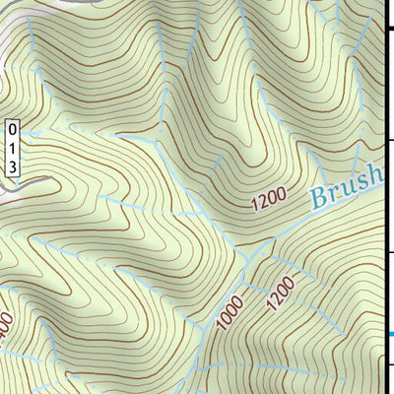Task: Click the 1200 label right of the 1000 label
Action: [x=280, y=294]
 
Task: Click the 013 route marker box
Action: [x=12, y=148]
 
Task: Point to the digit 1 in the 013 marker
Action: [x=12, y=148]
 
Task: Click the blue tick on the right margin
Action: [x=389, y=335]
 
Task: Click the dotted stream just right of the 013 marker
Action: [x=39, y=129]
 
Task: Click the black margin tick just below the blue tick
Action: [x=389, y=365]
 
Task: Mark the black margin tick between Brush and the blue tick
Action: [x=389, y=253]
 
